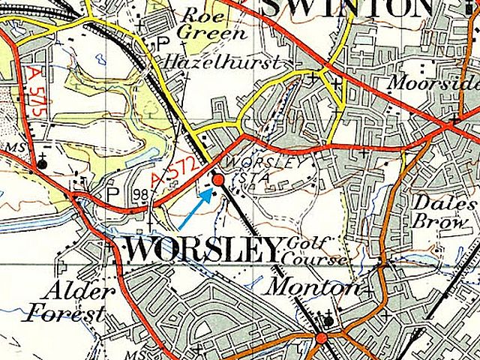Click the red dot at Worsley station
tap(218, 180)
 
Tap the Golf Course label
tap(318, 252)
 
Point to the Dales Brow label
tap(444, 213)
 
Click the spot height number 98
tap(139, 195)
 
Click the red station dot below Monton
tap(322, 338)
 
